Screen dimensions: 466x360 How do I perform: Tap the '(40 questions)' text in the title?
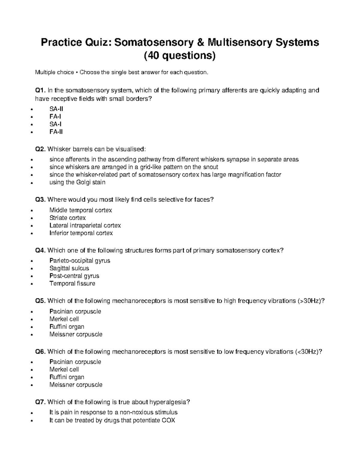click(x=180, y=56)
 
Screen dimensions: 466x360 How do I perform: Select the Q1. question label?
click(x=40, y=90)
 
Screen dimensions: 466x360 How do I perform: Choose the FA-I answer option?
click(x=55, y=117)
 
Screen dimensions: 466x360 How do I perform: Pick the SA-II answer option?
click(x=56, y=109)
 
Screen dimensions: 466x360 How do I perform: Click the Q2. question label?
click(x=40, y=149)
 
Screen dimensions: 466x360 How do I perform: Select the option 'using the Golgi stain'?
click(x=77, y=182)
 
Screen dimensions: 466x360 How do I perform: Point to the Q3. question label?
click(x=40, y=200)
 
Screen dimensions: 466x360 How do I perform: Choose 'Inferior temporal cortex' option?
click(x=81, y=233)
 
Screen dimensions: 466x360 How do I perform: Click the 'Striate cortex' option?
click(x=67, y=218)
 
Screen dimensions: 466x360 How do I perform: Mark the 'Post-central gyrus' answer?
click(x=74, y=276)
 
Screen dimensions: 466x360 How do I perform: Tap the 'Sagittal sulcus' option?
click(x=69, y=268)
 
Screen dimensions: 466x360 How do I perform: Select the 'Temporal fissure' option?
click(x=72, y=284)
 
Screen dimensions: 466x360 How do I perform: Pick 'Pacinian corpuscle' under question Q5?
click(x=75, y=311)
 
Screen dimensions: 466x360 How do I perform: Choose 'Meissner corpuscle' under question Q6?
click(x=76, y=385)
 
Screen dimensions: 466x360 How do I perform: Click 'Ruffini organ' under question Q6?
click(x=67, y=377)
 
